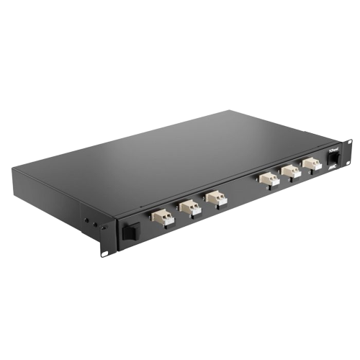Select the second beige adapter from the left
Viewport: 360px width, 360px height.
pyautogui.click(x=189, y=207)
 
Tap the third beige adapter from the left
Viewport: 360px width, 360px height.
pyautogui.click(x=214, y=199)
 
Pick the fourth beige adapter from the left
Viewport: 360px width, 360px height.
pyautogui.click(x=269, y=178)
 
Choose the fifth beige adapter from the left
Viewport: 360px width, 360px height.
pyautogui.click(x=291, y=171)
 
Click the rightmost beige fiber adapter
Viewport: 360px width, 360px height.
pyautogui.click(x=311, y=164)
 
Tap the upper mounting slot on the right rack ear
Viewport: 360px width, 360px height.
pyautogui.click(x=349, y=141)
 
